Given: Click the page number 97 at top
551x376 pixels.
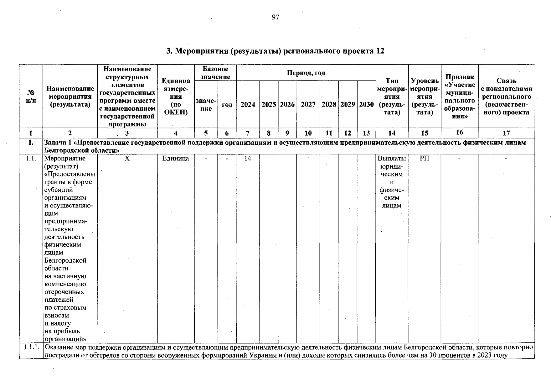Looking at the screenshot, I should [275, 17].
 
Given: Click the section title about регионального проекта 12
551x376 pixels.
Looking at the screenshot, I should [275, 51].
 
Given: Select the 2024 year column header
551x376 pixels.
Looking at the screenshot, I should [248, 104].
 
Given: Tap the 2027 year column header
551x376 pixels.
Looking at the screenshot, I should [308, 104].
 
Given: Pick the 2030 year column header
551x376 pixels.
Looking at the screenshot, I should [366, 104].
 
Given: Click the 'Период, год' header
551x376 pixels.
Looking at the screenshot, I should [306, 73].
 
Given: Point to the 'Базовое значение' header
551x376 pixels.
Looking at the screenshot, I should [215, 73].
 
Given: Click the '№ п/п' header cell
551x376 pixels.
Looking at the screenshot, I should [31, 97].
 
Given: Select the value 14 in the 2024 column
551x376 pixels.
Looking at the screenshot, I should [248, 158].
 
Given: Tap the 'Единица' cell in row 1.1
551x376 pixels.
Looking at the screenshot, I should [176, 158].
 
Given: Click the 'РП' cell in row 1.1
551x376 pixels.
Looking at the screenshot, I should [425, 158].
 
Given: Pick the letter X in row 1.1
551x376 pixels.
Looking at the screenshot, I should [127, 158].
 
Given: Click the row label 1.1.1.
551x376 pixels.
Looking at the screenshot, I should [31, 347].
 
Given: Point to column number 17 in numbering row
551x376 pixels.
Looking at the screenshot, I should [506, 133].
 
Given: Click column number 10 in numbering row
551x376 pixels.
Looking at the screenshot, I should [308, 133].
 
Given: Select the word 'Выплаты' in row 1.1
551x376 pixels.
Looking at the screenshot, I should [392, 158].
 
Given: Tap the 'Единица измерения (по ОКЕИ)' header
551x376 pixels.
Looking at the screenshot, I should [176, 97].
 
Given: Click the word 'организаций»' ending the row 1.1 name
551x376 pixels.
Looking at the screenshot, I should [65, 339].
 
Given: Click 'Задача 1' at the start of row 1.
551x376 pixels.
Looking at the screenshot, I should [58, 143].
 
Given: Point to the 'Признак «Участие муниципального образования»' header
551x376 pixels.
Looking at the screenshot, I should [460, 97].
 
